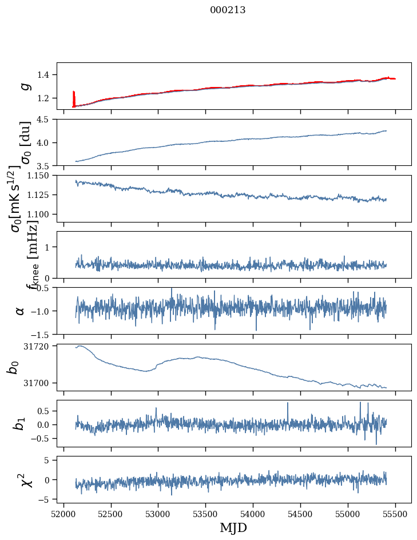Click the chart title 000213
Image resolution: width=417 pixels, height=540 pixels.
(228, 10)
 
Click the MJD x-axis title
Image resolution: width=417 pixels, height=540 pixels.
(233, 527)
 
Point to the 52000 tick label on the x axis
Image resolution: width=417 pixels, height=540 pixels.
(63, 514)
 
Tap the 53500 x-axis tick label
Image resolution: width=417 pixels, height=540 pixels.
(206, 514)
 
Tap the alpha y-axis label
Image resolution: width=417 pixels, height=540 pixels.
(21, 311)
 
